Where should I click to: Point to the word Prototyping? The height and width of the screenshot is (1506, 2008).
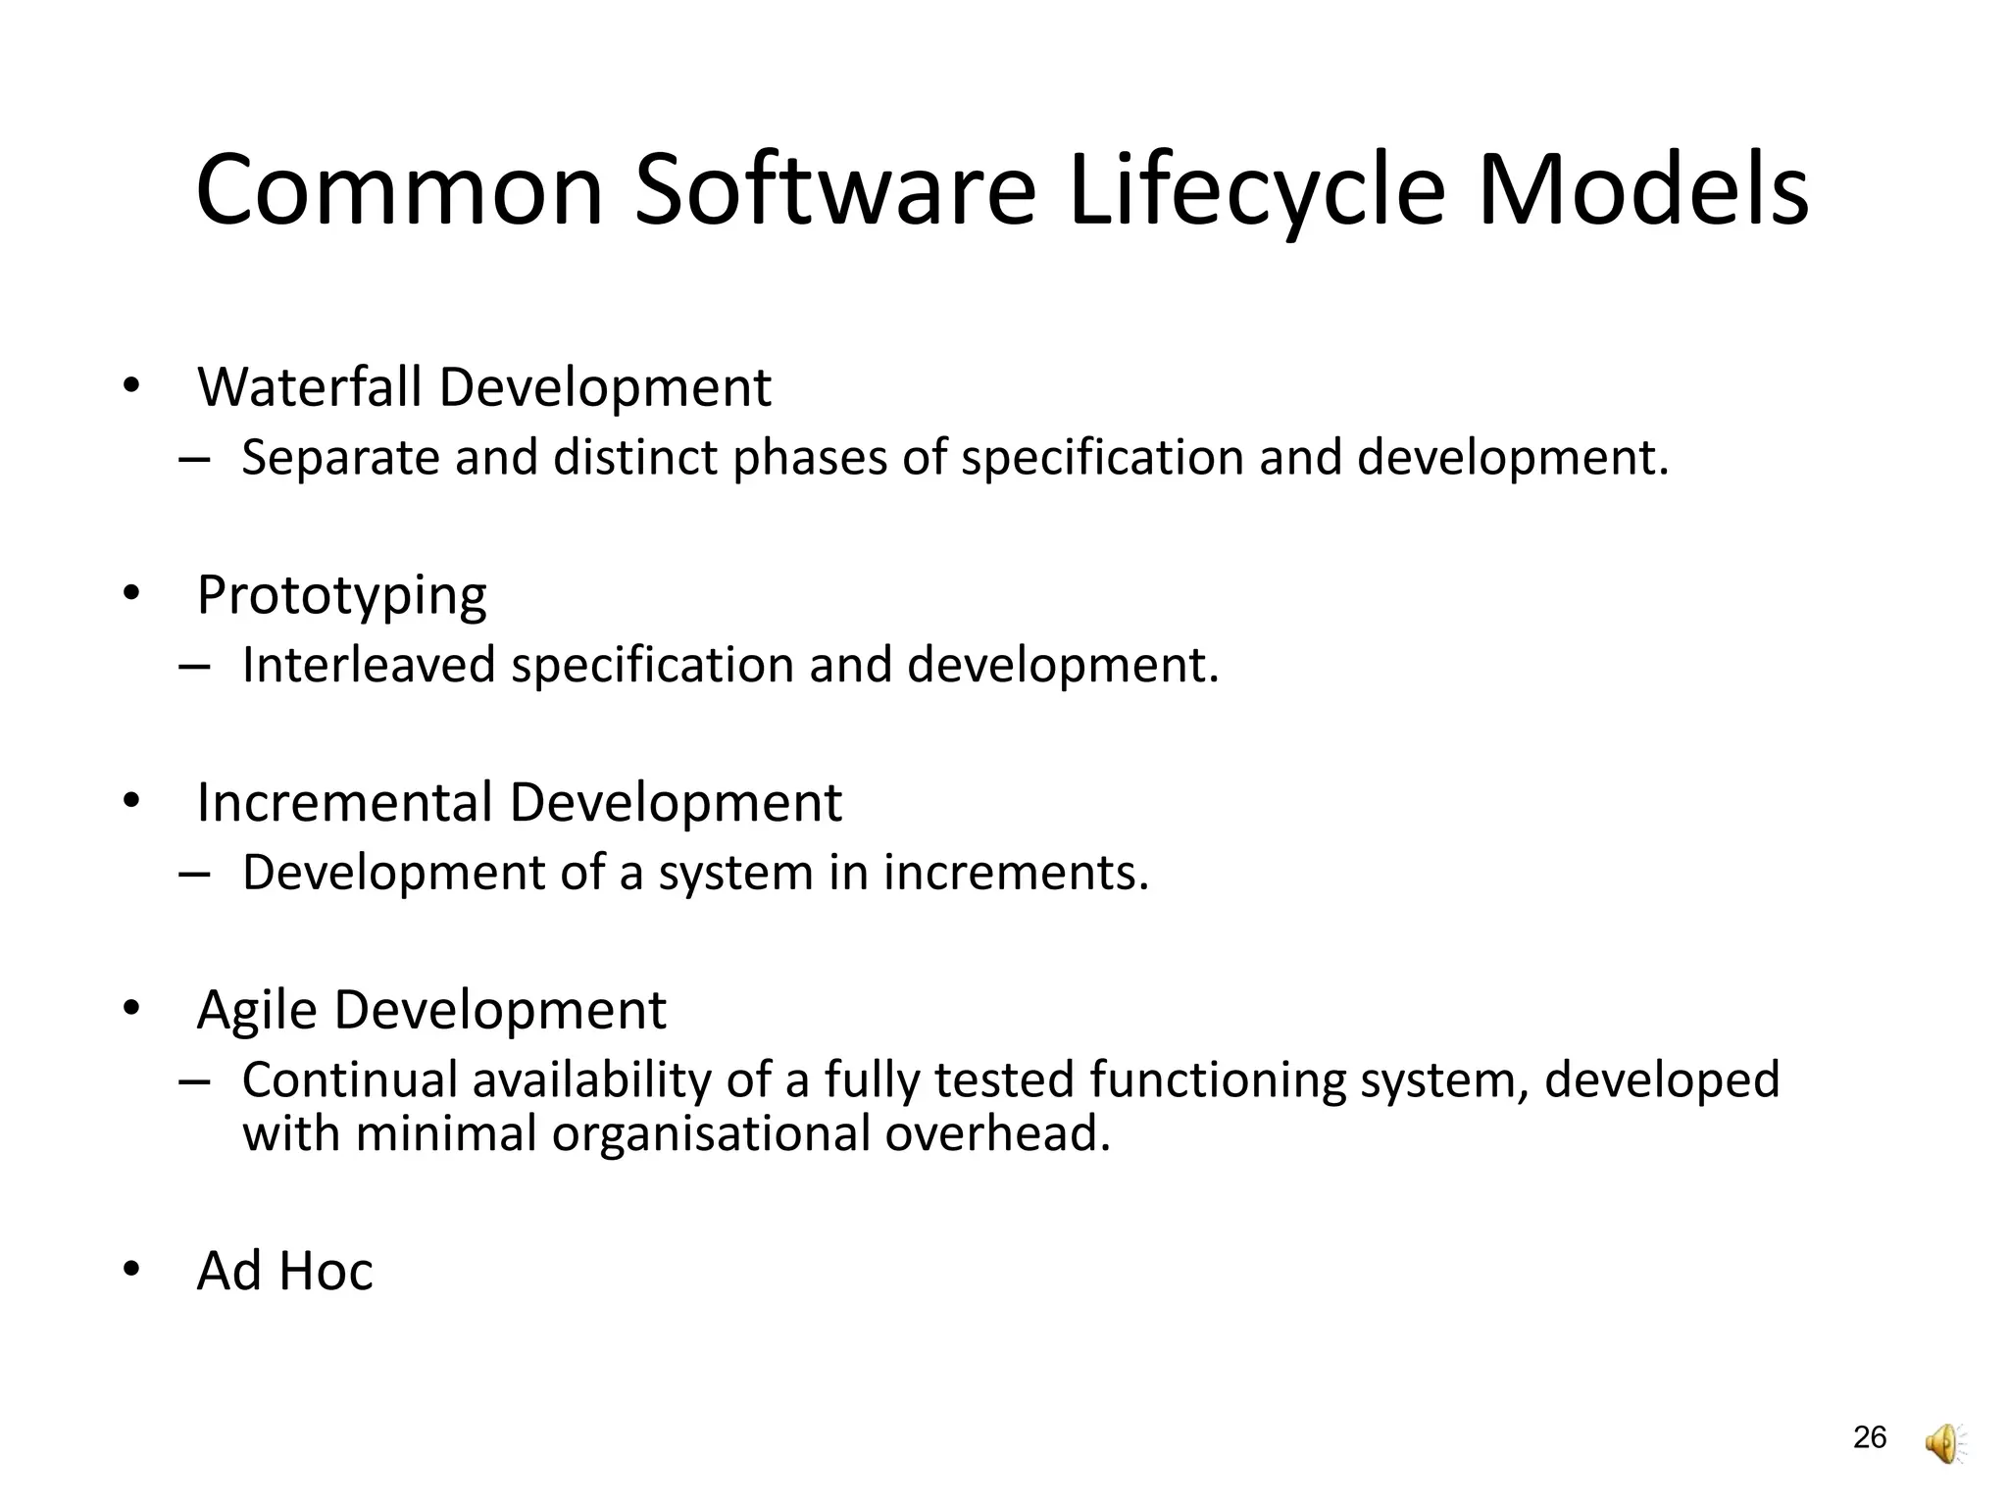point(341,596)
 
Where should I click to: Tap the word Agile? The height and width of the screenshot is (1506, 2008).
point(257,1010)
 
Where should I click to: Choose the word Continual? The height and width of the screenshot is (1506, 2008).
point(350,1079)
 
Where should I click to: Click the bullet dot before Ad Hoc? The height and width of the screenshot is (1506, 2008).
point(131,1271)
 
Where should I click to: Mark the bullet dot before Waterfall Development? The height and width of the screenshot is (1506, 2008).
point(131,386)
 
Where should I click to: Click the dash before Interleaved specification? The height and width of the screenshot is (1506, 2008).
point(195,667)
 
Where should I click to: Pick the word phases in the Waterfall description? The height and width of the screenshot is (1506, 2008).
point(810,458)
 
